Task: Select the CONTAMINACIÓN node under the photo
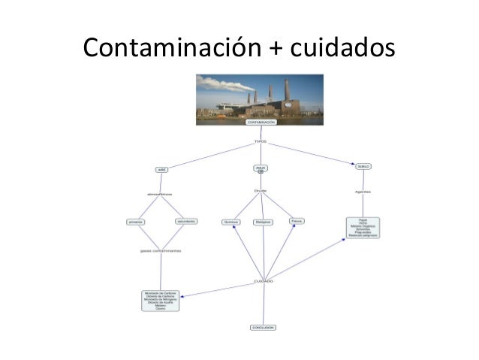click(261, 122)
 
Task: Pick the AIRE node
click(161, 169)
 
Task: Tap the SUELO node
click(363, 166)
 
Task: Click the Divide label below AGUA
click(261, 191)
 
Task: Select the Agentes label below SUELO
click(363, 191)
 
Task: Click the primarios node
click(136, 222)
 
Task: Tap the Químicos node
click(230, 222)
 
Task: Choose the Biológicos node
click(263, 222)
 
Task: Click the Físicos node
click(297, 222)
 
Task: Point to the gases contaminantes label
click(160, 250)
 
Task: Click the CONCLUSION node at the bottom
click(263, 328)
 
